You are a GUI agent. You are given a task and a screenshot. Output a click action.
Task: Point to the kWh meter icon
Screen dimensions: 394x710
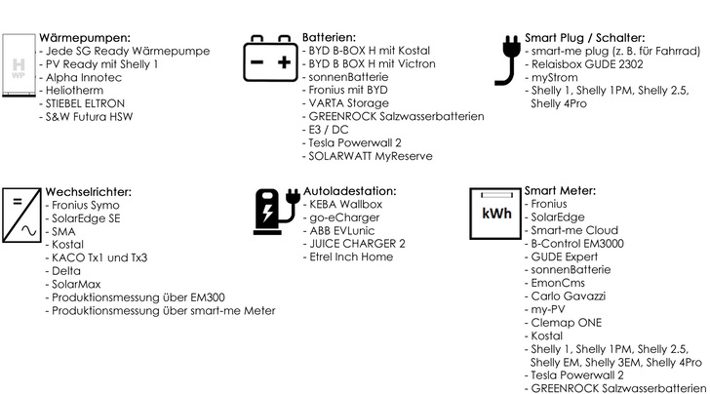495,212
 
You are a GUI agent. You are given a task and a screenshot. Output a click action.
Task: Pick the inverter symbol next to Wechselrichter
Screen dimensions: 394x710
20,212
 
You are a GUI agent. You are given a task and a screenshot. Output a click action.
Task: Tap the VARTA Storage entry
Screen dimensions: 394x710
349,104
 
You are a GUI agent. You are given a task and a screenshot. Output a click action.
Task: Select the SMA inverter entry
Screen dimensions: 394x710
63,232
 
